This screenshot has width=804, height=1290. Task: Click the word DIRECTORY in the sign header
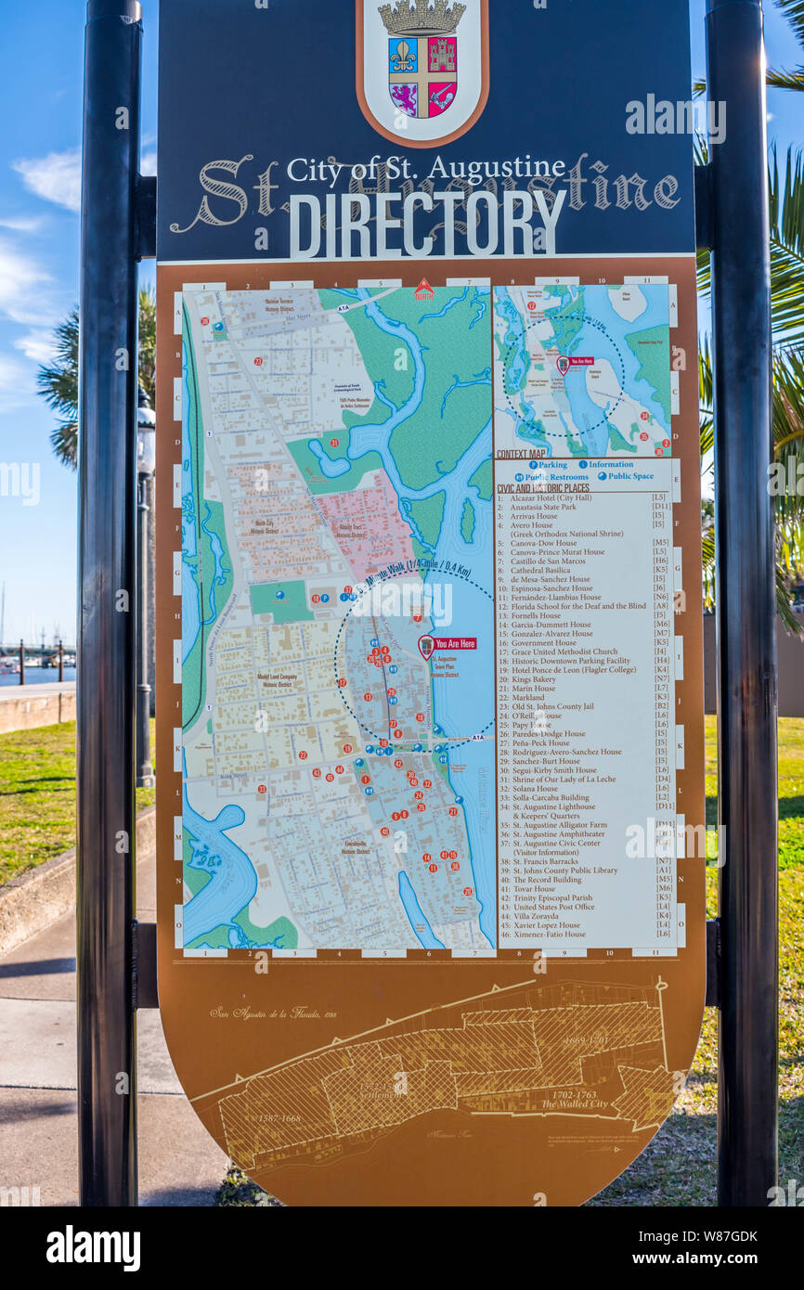coord(427,224)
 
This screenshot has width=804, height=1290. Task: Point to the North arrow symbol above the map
coord(423,290)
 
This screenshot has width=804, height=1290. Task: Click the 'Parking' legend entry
coord(548,465)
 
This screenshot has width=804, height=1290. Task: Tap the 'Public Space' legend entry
coord(632,476)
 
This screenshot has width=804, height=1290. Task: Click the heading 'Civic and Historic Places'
coord(542,488)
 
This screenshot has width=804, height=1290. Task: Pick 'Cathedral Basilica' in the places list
coord(540,570)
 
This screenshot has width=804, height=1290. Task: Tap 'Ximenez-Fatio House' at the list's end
coord(548,935)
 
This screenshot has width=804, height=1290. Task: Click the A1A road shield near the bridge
coord(476,738)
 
